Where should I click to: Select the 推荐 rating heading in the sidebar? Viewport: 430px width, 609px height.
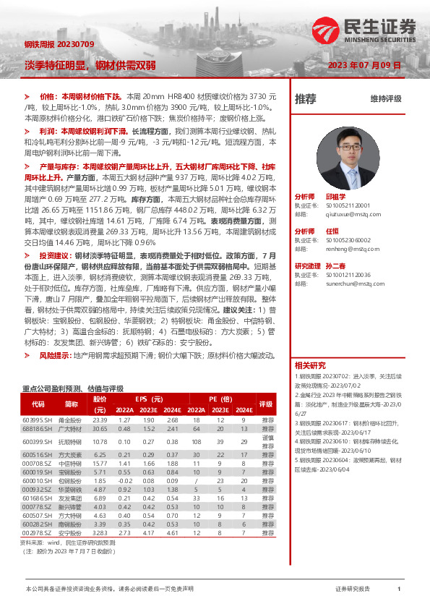(306, 98)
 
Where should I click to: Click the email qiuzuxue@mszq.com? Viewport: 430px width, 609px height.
(348, 214)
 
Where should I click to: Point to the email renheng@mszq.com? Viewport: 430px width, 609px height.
(345, 248)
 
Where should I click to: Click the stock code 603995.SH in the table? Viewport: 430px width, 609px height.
(38, 420)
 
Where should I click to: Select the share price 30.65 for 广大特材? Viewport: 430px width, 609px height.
(100, 430)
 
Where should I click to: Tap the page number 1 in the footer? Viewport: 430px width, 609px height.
(399, 589)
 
